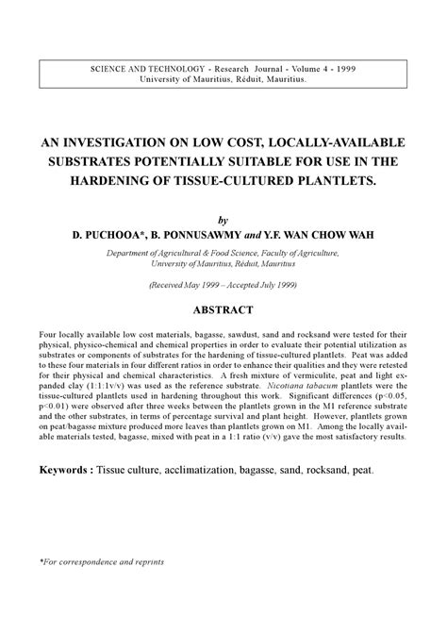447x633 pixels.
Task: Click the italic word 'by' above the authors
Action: point(223,216)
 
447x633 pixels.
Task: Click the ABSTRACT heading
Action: point(223,308)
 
